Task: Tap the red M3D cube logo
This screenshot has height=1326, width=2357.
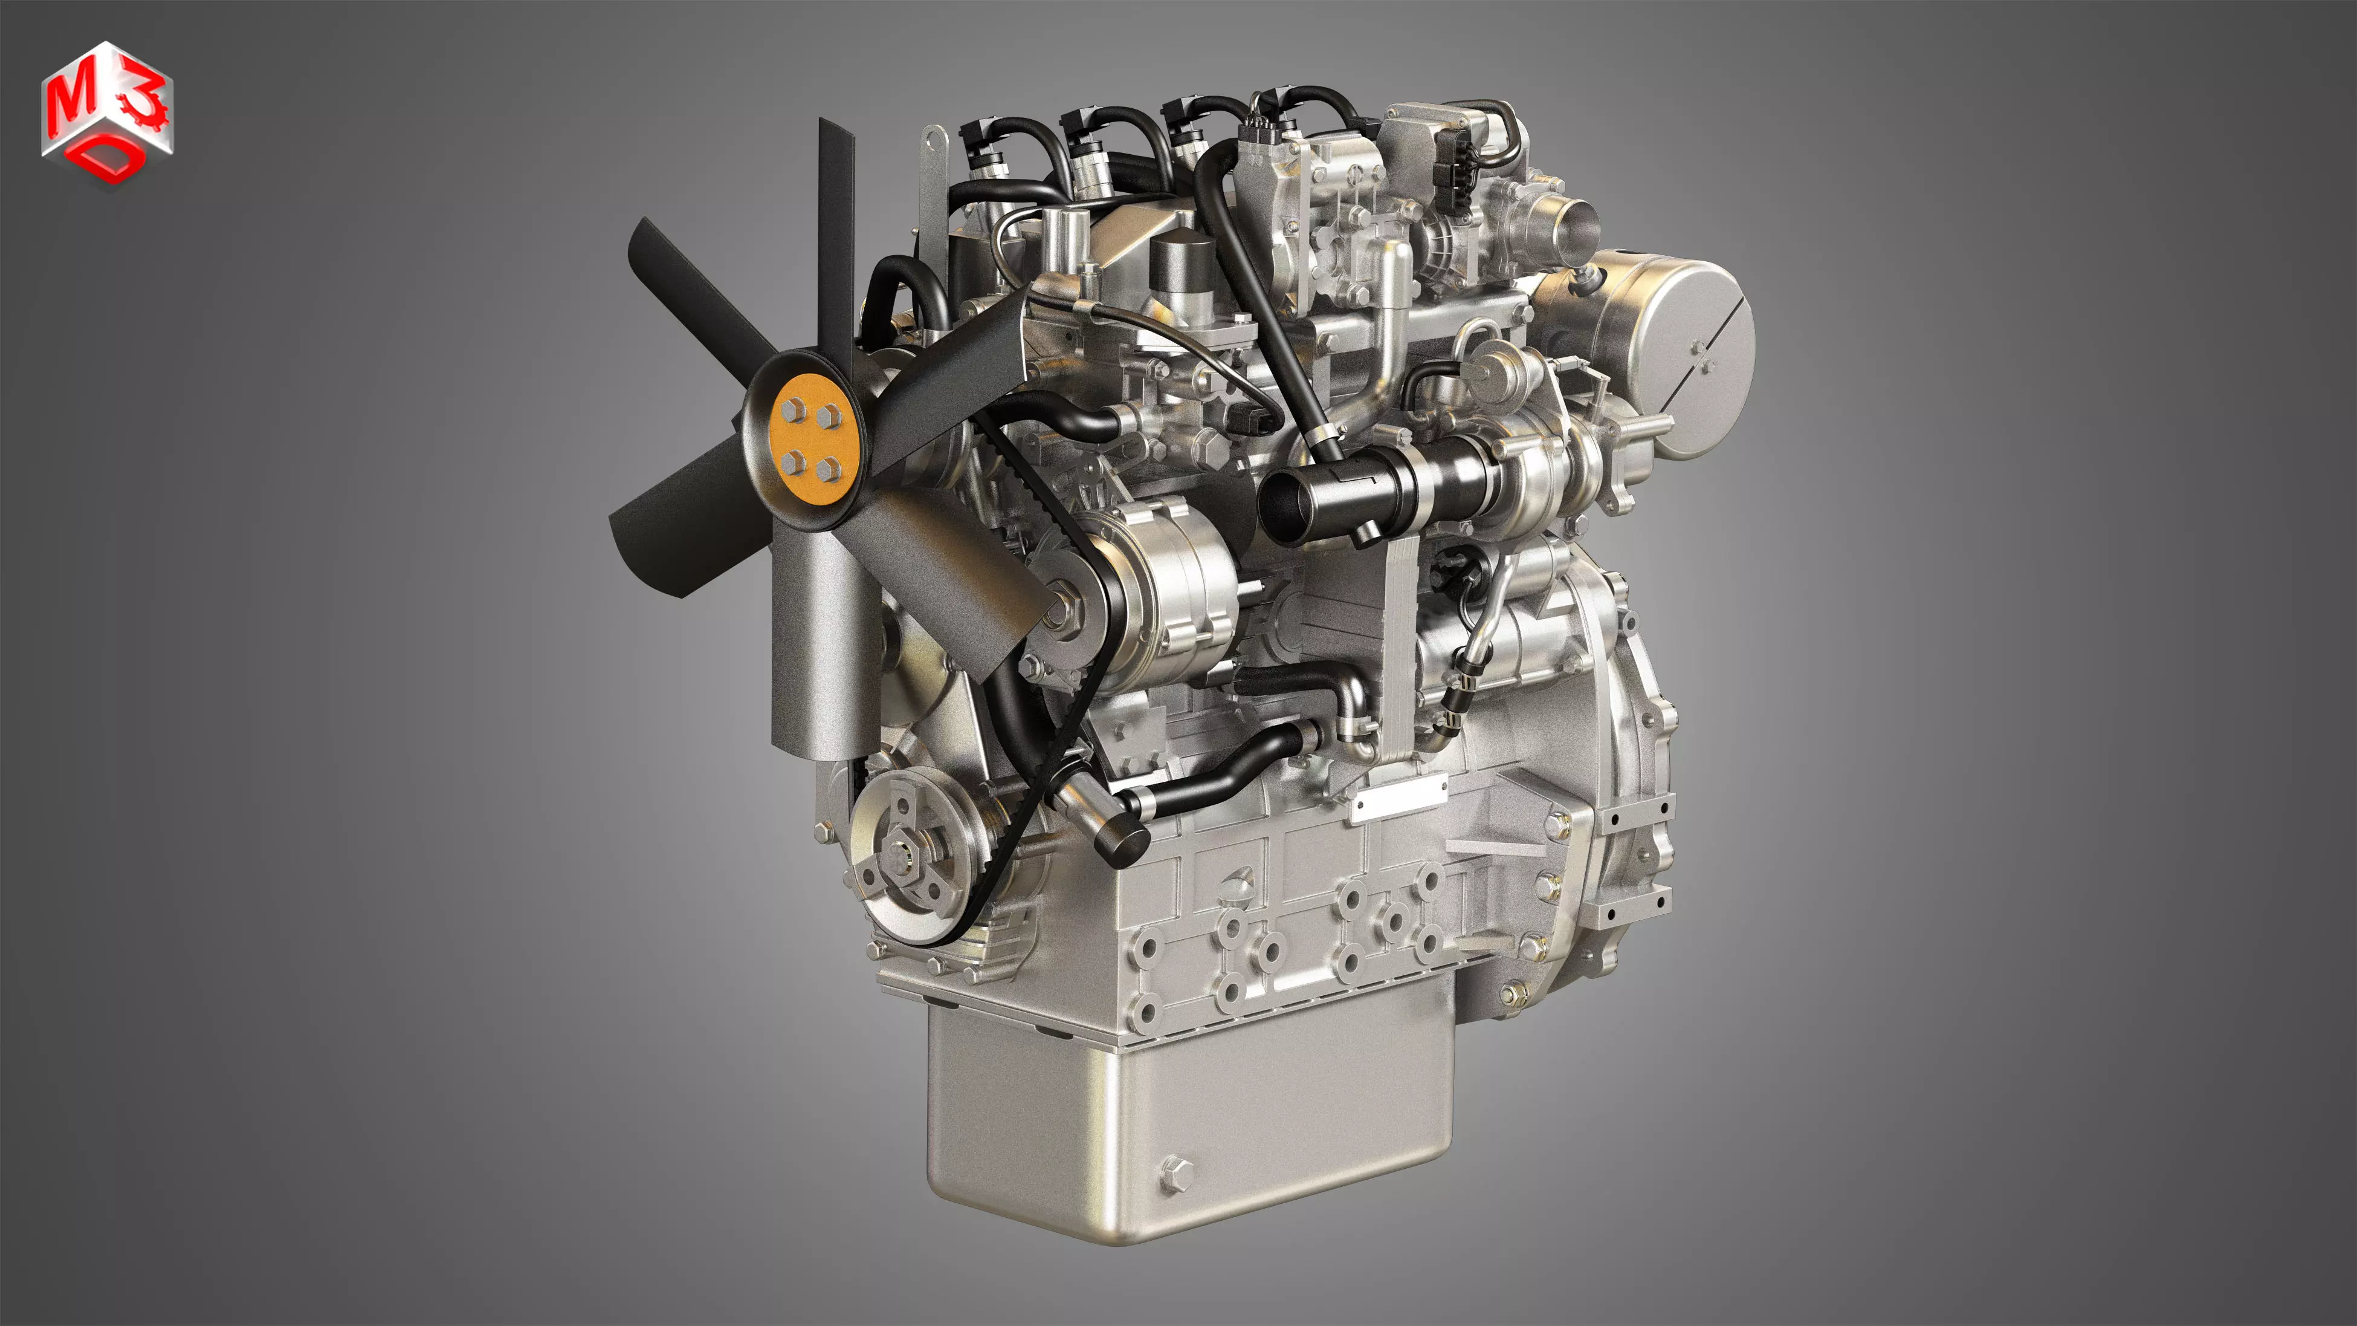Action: coord(106,114)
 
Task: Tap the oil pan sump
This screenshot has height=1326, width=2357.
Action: coord(1189,1116)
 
